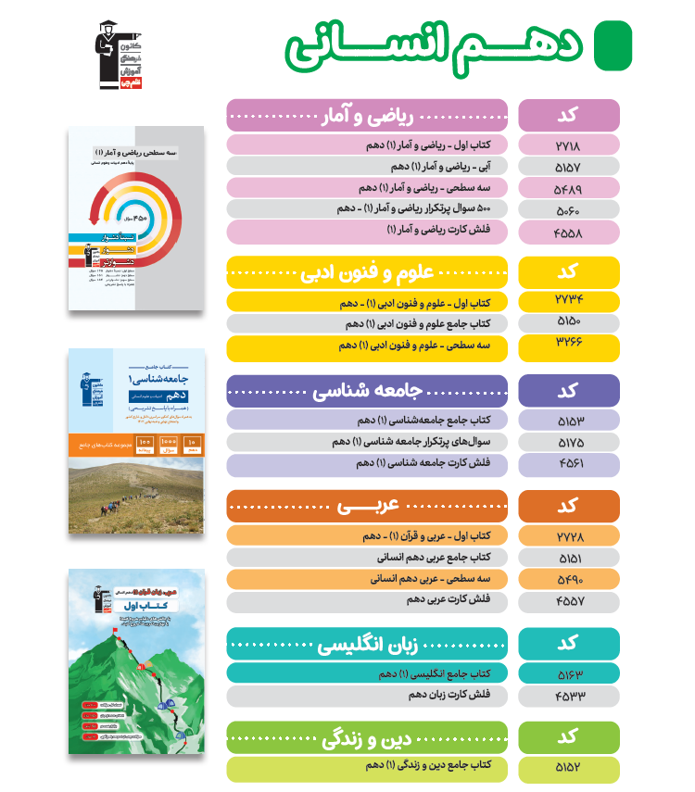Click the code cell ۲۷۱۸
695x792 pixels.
568,145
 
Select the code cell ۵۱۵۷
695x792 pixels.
568,167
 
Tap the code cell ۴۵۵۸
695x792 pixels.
568,232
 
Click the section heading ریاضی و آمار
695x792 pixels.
368,116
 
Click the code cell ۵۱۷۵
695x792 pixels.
568,443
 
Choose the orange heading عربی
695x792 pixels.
368,506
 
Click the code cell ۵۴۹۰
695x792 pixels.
568,579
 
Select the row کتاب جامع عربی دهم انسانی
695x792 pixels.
368,558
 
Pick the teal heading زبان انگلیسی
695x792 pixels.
368,644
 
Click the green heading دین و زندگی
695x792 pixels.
368,738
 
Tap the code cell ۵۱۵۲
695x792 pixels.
568,768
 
